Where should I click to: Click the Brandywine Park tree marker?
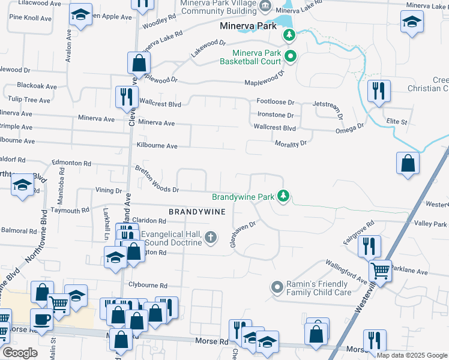coord(283,196)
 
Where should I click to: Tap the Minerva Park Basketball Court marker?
coord(291,57)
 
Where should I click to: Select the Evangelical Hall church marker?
coord(210,238)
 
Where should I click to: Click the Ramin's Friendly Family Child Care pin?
coord(277,287)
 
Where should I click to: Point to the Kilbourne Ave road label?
coord(157,146)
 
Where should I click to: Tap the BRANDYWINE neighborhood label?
coord(197,212)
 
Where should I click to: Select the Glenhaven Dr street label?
coord(243,235)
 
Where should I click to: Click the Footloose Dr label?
coord(276,103)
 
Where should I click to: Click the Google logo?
coord(20,353)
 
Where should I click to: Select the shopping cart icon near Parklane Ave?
coord(380,271)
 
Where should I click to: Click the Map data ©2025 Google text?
coord(411,355)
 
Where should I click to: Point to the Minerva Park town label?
coord(248,26)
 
